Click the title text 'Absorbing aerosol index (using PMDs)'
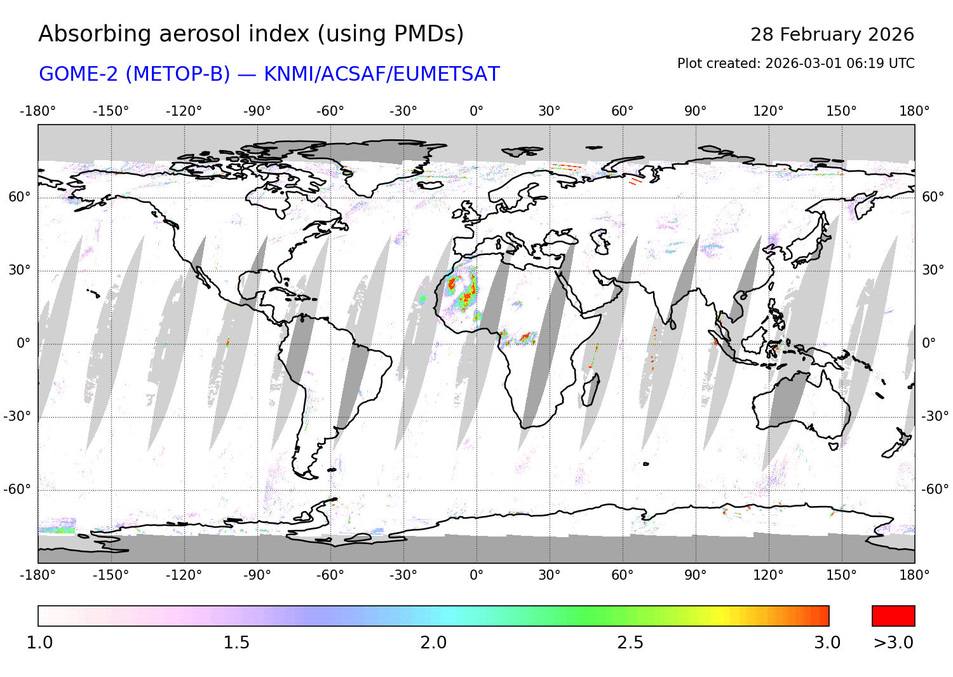[x=251, y=34]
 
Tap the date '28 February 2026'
[x=832, y=34]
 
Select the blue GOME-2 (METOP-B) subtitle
[x=269, y=74]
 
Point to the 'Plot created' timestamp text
[x=795, y=64]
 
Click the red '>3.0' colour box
[x=893, y=616]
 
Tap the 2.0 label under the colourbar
[x=433, y=643]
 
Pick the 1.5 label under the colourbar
[x=236, y=643]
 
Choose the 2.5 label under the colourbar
[x=630, y=643]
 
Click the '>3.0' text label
[x=893, y=643]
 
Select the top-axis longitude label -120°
[x=184, y=111]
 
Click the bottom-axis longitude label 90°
[x=696, y=575]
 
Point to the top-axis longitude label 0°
[x=476, y=111]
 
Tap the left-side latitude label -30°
[x=17, y=416]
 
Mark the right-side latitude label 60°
[x=933, y=197]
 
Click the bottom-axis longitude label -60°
[x=330, y=575]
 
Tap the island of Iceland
[x=430, y=185]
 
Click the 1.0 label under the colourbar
[x=39, y=643]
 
